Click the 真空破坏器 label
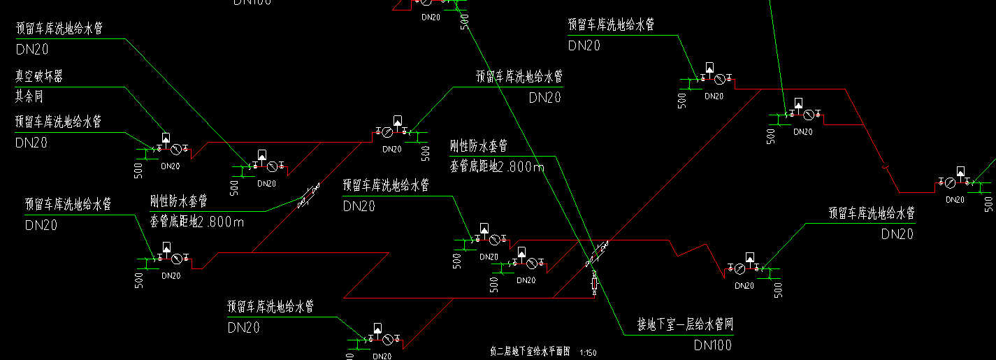click(x=39, y=75)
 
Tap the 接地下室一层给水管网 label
click(x=685, y=325)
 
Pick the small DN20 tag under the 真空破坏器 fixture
click(x=170, y=166)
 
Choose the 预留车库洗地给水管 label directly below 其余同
click(x=59, y=122)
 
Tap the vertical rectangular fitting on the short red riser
click(x=595, y=283)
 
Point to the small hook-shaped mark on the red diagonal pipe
click(x=886, y=167)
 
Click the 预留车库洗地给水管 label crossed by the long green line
click(x=519, y=75)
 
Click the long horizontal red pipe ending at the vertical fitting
click(x=468, y=298)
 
